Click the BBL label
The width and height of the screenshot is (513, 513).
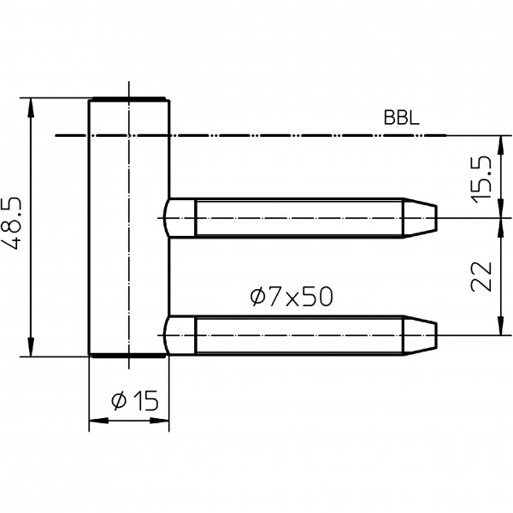(401, 120)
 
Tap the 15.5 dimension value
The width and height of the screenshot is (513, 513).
(482, 177)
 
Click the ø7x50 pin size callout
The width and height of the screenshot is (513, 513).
(290, 297)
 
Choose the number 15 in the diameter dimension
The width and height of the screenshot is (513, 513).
(147, 400)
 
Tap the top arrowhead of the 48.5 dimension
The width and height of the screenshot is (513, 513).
(31, 106)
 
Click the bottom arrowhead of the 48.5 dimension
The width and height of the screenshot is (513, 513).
(31, 350)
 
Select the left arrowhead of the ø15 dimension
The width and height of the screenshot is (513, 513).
(95, 421)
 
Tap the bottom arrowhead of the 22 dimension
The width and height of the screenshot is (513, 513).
(498, 327)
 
